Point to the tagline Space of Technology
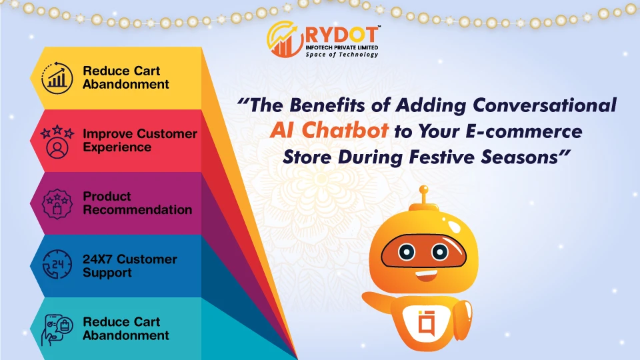coord(341,55)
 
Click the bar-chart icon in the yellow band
coord(55,79)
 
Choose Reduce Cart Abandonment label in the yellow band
coord(125,78)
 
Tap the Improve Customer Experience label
coord(139,141)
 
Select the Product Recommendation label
coord(137,203)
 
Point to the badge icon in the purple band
coord(55,203)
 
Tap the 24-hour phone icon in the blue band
coord(55,266)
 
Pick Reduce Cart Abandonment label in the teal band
coord(125,329)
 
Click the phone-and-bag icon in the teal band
coord(55,329)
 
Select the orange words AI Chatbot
coord(329,131)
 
